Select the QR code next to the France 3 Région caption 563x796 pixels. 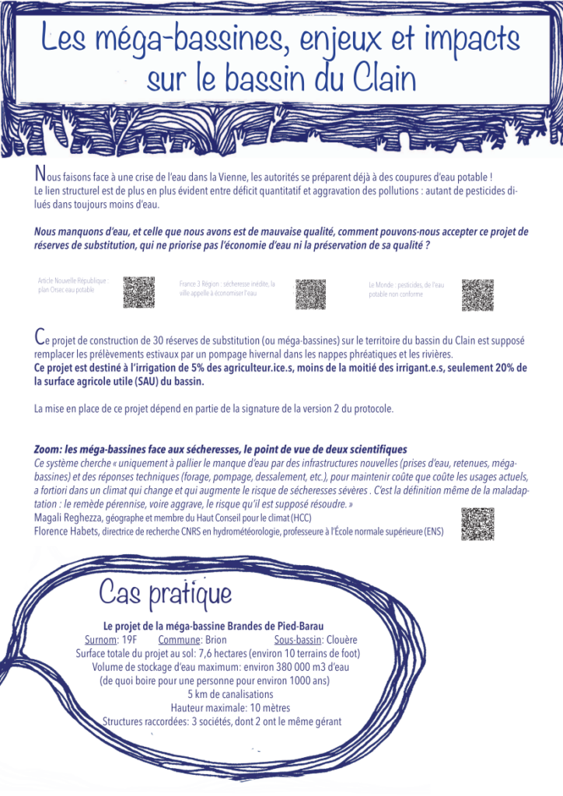(310, 294)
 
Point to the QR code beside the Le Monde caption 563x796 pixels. (477, 295)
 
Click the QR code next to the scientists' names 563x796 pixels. (477, 523)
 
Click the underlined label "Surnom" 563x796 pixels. (99, 640)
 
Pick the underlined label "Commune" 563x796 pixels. (178, 640)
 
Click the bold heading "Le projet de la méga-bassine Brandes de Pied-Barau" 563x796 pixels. (213, 626)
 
